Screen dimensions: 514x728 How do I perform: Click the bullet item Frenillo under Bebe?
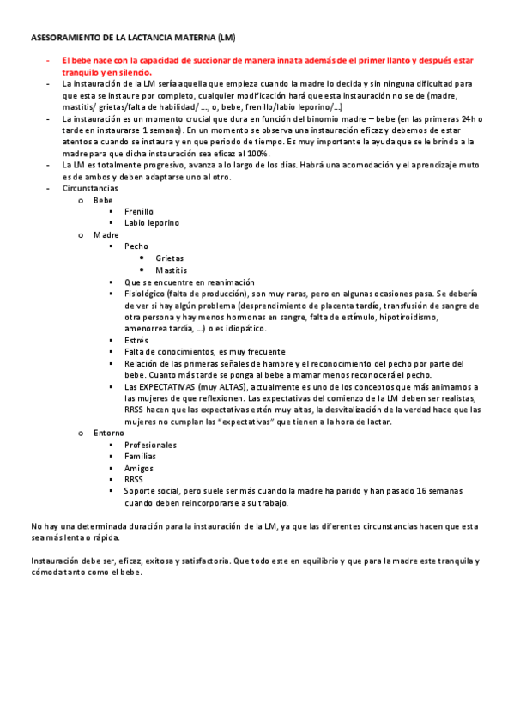click(x=139, y=210)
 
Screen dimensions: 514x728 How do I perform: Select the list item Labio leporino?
click(x=152, y=222)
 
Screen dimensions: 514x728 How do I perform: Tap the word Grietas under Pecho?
click(x=169, y=258)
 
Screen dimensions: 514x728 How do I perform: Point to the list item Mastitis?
click(x=171, y=270)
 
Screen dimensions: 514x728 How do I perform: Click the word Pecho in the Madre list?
click(x=136, y=246)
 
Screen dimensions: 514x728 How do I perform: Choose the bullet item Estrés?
click(x=136, y=340)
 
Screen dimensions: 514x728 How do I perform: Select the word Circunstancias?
click(x=90, y=187)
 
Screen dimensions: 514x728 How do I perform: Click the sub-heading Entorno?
click(x=109, y=434)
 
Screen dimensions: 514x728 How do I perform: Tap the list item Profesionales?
click(x=150, y=446)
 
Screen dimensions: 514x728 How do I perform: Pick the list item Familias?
click(x=140, y=457)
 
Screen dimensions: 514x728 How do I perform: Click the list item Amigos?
click(x=139, y=469)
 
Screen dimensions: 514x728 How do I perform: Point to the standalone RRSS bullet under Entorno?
click(x=134, y=480)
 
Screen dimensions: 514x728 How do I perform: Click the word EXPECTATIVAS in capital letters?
click(x=171, y=387)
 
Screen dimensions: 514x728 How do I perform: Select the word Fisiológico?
click(x=146, y=294)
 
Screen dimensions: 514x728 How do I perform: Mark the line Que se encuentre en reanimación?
click(x=189, y=282)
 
